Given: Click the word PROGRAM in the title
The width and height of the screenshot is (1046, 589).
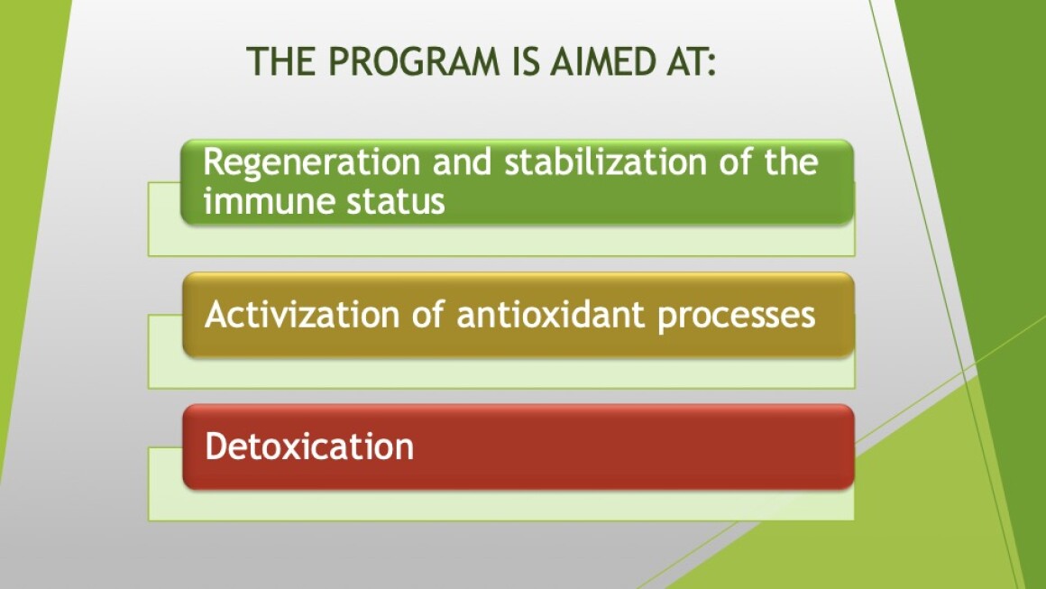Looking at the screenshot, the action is coord(414,61).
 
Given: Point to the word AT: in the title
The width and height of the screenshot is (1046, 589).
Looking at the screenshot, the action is coord(688,61).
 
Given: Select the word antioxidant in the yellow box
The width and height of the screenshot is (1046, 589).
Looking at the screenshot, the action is coord(550,314).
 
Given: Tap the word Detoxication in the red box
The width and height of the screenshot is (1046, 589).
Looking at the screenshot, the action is coord(309,446).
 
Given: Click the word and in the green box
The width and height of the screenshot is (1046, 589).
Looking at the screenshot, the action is coord(463,162).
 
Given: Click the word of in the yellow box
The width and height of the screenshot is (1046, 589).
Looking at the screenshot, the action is coord(427,314).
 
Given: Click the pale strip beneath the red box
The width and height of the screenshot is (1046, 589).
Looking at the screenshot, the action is coord(501,505).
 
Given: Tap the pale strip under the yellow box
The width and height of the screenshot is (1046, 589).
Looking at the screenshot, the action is coord(501,373).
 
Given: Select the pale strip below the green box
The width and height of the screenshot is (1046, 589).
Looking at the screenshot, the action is coord(501,240).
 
